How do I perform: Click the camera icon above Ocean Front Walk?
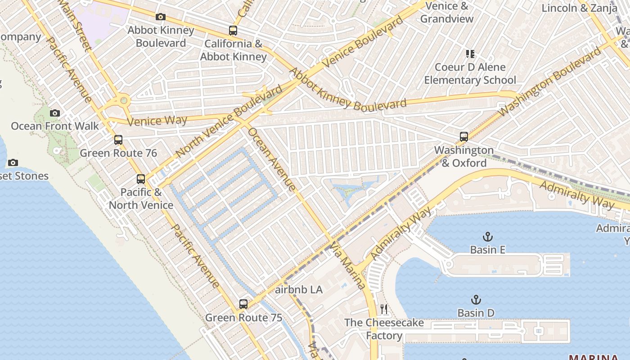55,113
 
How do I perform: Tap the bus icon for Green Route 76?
118,140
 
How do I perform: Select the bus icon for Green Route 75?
243,304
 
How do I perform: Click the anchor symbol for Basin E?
487,237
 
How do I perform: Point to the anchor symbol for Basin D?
476,300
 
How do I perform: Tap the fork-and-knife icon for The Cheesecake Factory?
384,309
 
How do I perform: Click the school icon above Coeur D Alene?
470,54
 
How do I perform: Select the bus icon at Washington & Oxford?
464,137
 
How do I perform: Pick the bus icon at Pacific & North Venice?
141,179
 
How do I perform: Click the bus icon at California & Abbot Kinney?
233,31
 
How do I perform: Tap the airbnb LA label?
299,289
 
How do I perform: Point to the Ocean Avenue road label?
272,159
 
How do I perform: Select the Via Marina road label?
348,265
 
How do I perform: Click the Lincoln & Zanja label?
580,8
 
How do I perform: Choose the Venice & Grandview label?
447,13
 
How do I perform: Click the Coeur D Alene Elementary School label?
470,74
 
